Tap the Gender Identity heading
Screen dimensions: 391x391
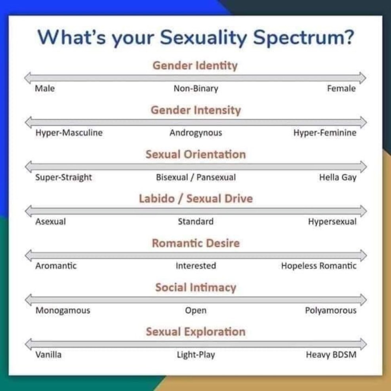[x=195, y=66]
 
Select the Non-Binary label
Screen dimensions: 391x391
[x=196, y=88]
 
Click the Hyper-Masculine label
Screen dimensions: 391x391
[x=69, y=133]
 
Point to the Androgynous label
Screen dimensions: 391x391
[x=196, y=133]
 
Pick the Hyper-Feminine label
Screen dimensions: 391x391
[x=325, y=133]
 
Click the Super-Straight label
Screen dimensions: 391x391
[x=64, y=177]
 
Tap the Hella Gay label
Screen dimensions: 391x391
[x=338, y=177]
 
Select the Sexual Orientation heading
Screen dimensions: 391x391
[x=196, y=154]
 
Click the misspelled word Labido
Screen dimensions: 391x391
[x=157, y=199]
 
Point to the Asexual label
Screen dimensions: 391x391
[x=51, y=221]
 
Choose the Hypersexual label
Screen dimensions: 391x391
[x=332, y=222]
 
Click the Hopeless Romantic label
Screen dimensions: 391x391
[x=319, y=266]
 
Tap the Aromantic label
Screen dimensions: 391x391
[x=56, y=266]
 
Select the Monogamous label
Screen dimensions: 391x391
[x=63, y=311]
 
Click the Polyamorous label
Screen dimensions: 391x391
[x=331, y=311]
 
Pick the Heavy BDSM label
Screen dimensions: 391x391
[x=331, y=355]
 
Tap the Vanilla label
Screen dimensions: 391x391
[x=48, y=355]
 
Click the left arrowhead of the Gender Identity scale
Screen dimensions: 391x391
[x=28, y=78]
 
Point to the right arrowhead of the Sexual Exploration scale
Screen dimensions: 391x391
[x=363, y=344]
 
